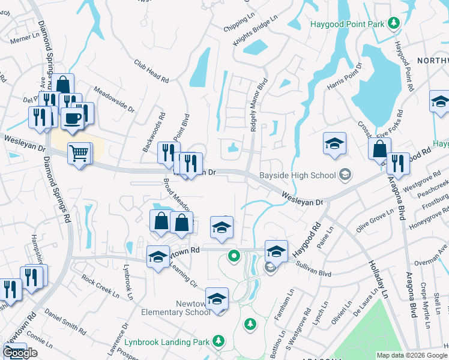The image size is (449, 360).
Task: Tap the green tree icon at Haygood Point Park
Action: (393, 23)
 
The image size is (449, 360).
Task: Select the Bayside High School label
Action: (297, 176)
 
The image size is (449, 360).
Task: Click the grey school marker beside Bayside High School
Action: (345, 175)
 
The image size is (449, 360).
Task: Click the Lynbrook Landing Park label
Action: (167, 343)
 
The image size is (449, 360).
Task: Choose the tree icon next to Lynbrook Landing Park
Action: (219, 342)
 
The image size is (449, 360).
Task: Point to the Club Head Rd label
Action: (152, 70)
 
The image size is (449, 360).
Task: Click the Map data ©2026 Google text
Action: (412, 355)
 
